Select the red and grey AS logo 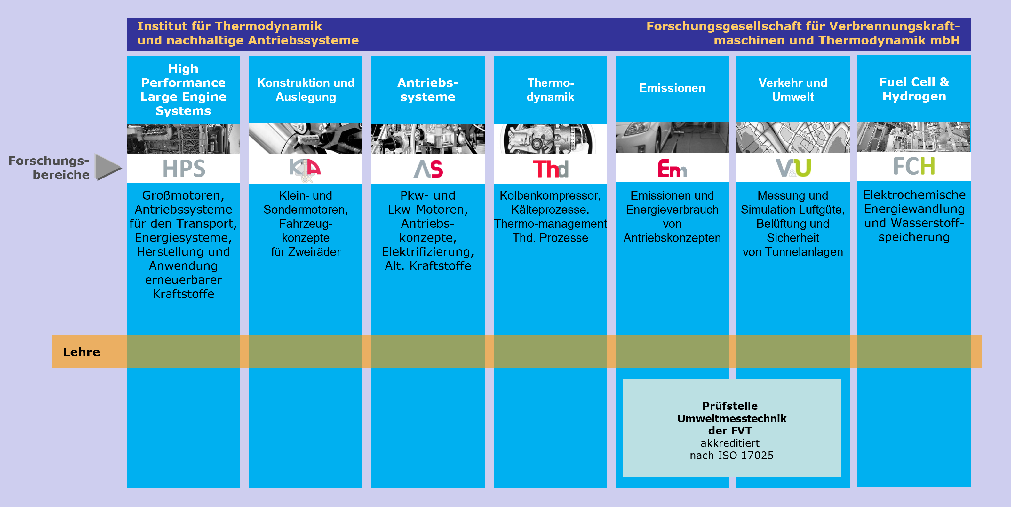click(x=428, y=169)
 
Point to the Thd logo click(x=550, y=169)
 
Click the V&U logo click(x=793, y=168)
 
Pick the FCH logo click(x=914, y=166)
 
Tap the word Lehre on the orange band click(x=81, y=352)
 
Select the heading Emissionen click(x=672, y=88)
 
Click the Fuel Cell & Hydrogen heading click(x=914, y=89)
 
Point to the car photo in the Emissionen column click(x=672, y=137)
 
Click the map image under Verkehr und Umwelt click(x=793, y=137)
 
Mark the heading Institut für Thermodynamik click(x=230, y=26)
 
